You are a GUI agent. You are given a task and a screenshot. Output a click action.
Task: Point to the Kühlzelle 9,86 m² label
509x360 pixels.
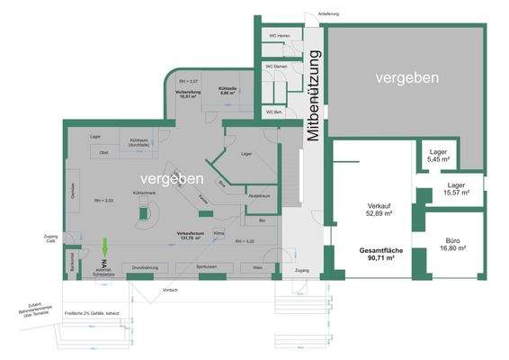[228, 91]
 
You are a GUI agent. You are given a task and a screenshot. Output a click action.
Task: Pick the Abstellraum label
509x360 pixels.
[259, 194]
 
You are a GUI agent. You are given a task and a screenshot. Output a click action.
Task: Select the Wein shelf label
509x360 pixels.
[257, 268]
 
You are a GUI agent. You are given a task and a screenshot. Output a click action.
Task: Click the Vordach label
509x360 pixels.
[169, 290]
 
